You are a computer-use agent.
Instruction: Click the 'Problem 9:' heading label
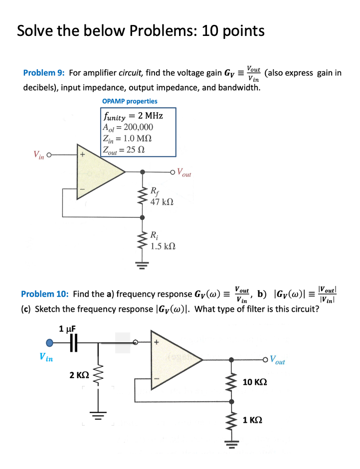[44, 73]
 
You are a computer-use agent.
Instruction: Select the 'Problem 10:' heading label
[45, 294]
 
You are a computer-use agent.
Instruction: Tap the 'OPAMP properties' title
[130, 101]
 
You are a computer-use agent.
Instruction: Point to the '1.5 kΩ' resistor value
[163, 246]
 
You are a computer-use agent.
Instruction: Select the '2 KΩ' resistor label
[79, 374]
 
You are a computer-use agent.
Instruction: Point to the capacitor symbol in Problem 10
[74, 343]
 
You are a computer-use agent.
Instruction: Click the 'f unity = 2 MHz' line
[133, 116]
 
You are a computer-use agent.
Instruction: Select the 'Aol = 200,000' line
[128, 127]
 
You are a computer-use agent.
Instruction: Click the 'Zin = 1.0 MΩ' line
[128, 138]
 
